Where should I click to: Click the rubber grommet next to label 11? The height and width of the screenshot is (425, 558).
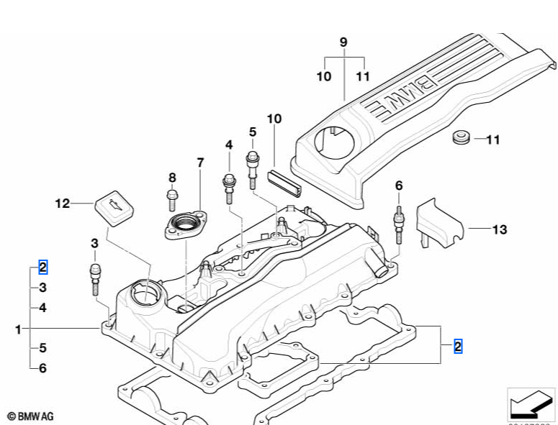click(461, 137)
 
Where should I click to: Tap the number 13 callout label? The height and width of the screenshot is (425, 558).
click(500, 229)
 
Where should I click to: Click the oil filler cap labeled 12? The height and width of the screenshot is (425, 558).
click(114, 207)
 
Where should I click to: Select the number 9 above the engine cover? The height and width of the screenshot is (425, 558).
click(343, 42)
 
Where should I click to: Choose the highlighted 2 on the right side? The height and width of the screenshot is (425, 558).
click(458, 347)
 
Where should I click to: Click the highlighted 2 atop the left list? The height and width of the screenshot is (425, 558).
click(42, 268)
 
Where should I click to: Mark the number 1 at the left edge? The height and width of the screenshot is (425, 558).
click(18, 329)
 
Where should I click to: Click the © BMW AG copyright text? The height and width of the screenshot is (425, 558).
click(30, 416)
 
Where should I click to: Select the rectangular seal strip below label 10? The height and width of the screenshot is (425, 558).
click(284, 180)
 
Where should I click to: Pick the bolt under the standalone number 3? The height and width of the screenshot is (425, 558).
click(94, 278)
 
